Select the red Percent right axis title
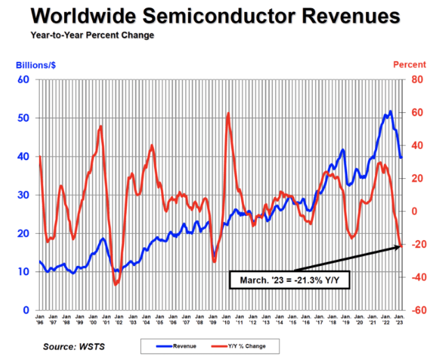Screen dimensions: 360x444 [409, 65]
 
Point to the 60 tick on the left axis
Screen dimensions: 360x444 [23, 79]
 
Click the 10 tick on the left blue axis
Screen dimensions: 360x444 [23, 272]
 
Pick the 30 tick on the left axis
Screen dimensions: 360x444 [23, 195]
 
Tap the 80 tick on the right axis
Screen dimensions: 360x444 [418, 79]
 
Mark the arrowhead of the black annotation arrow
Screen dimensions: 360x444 [400, 246]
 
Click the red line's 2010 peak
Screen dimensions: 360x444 [228, 114]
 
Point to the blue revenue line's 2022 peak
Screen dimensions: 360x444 [390, 111]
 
